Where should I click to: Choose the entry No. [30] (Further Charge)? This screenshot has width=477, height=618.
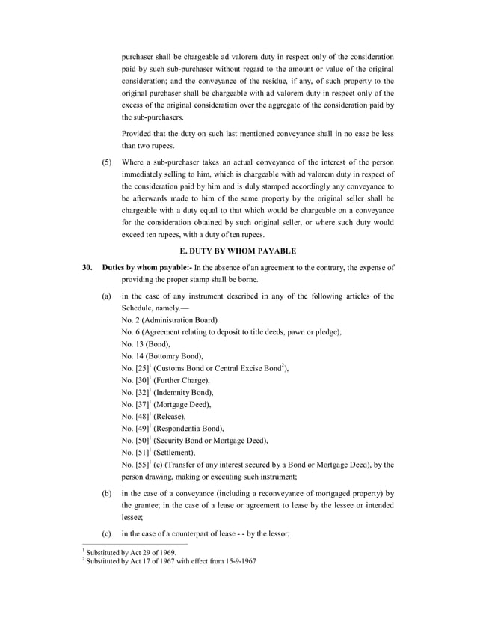165,380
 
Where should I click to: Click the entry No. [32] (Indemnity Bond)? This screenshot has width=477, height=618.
167,392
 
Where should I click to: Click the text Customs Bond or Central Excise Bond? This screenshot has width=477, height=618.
221,368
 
